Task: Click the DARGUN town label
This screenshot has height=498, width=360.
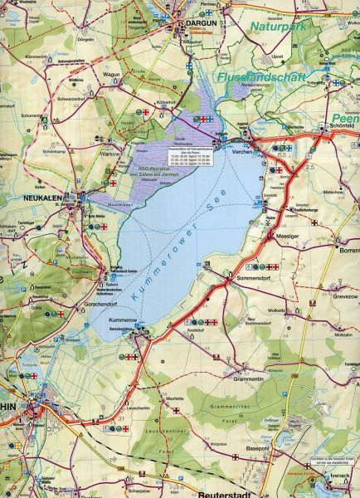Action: [200, 25]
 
